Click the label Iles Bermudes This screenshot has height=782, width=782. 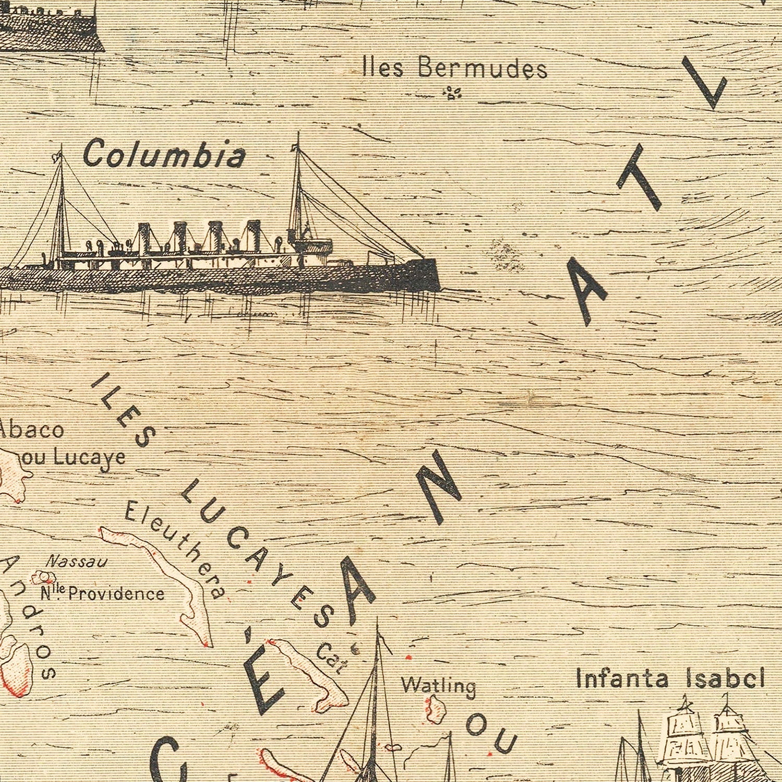click(455, 68)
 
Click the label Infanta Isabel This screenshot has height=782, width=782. click(670, 679)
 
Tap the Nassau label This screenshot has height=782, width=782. click(77, 561)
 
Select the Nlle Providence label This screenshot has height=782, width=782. click(102, 593)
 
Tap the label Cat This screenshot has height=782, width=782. click(332, 658)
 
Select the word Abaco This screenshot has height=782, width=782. click(32, 430)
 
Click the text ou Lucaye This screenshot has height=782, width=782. click(80, 457)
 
